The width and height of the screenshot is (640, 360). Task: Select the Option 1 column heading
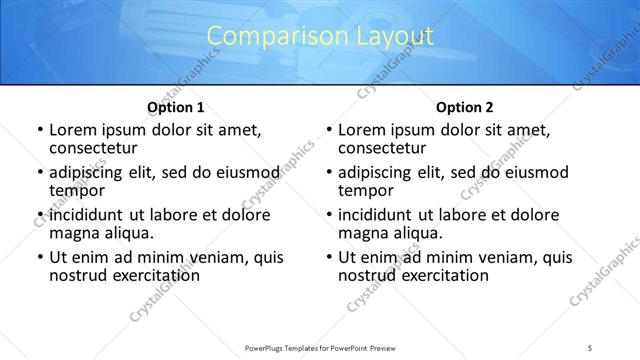pos(176,107)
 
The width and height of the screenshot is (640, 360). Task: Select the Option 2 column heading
pos(464,107)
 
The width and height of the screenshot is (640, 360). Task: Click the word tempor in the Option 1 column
pos(77,189)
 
